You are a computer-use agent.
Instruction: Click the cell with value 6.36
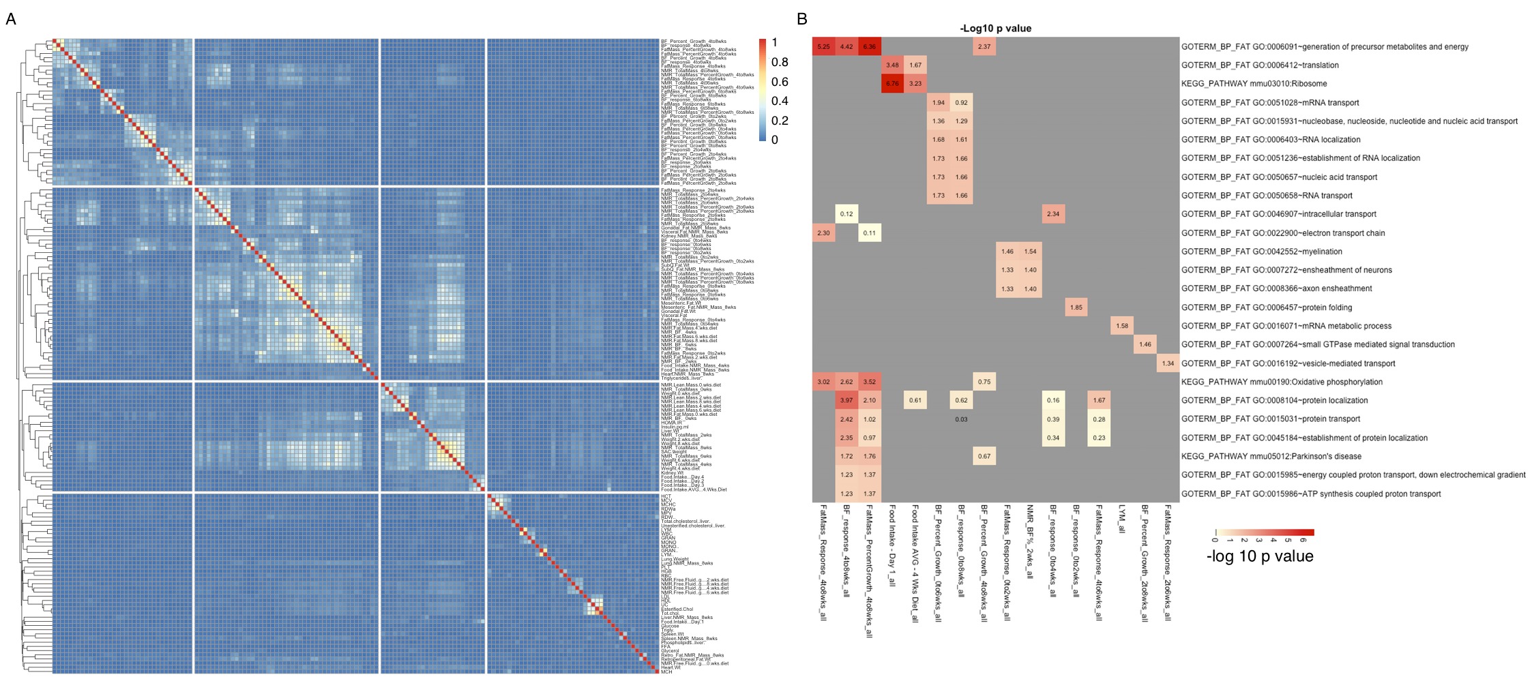(869, 47)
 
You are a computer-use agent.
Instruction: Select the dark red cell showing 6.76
(892, 84)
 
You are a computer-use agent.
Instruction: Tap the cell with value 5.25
(823, 47)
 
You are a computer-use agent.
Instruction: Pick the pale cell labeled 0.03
(961, 419)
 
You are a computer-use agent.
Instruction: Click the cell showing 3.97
(846, 401)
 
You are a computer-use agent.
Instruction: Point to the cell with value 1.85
(1076, 307)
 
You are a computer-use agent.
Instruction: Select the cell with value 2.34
(1053, 214)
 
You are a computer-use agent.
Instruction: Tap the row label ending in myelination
(1261, 252)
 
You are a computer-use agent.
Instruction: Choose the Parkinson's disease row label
(1271, 457)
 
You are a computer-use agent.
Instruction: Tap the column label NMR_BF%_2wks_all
(1030, 541)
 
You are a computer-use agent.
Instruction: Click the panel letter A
(11, 19)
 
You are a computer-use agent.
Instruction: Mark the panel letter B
(802, 19)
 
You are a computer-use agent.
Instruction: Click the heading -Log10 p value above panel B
(995, 29)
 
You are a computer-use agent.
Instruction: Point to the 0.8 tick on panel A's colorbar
(780, 62)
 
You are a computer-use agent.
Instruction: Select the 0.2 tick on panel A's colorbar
(780, 121)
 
